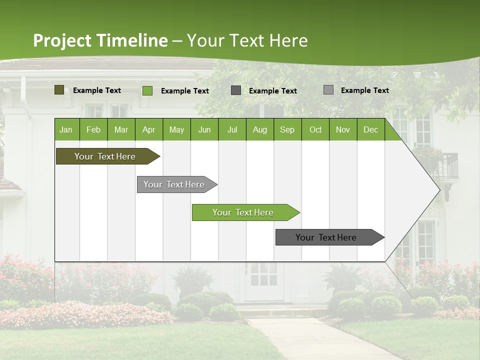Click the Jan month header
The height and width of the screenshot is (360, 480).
(66, 129)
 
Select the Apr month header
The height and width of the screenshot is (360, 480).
(148, 129)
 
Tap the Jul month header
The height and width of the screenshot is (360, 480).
(232, 129)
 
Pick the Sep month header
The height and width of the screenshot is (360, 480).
(287, 129)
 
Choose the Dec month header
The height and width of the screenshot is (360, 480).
(370, 129)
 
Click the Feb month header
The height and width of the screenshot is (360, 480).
(93, 129)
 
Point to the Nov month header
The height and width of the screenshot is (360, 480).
(343, 129)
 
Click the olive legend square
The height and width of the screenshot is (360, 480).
(59, 90)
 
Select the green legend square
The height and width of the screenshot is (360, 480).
(147, 90)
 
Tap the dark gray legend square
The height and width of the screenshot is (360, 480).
(235, 90)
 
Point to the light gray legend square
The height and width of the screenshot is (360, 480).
(328, 90)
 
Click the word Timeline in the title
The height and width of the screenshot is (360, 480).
(131, 40)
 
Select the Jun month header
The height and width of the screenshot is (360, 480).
(204, 129)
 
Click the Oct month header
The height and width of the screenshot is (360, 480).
(315, 129)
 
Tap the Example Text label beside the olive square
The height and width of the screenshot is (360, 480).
(97, 90)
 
